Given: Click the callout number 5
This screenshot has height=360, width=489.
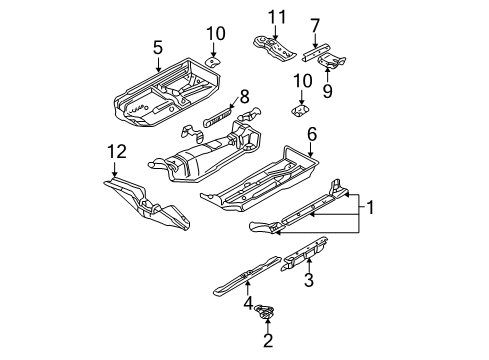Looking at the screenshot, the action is coord(158,48).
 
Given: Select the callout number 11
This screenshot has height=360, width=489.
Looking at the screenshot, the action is coord(277,17).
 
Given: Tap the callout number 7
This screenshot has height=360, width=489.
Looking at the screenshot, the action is coord(315,26).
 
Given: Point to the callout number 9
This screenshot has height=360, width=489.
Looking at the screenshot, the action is coord(327,91).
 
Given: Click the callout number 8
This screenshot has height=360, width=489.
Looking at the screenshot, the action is coord(244,97).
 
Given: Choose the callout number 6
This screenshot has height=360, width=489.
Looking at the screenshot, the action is coord(312,134).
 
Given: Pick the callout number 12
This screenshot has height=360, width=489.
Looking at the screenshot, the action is coord(117,152).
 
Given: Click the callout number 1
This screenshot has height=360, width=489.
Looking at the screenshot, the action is coord(370,207).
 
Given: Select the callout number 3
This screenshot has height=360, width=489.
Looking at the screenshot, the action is coord(309,280).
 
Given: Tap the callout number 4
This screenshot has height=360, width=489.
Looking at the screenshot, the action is coord(248,303).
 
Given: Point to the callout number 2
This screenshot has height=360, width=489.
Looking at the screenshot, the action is coord(268,340).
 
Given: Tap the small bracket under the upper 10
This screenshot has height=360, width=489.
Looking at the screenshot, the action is coord(212,62).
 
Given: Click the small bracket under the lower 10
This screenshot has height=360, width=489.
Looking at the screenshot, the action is coord(300,110).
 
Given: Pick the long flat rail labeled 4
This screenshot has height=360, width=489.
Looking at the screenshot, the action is coord(247,276).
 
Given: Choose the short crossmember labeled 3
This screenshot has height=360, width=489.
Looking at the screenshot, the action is coord(305,253).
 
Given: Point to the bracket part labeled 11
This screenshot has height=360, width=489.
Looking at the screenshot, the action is coord(274,49).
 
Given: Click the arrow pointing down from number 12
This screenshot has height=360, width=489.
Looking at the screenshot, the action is coord(114,169).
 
